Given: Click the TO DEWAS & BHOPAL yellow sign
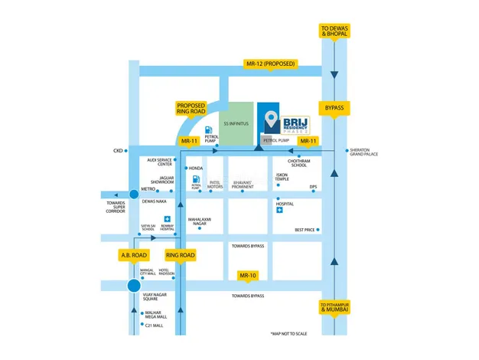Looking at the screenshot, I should pyautogui.click(x=335, y=31).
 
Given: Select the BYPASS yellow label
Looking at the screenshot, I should pyautogui.click(x=335, y=109).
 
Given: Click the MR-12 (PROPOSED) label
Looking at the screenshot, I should pyautogui.click(x=269, y=63).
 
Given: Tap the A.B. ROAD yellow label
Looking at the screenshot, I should pyautogui.click(x=133, y=255).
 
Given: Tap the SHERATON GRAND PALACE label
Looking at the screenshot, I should pyautogui.click(x=363, y=152).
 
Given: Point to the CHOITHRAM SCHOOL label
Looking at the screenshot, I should pyautogui.click(x=298, y=163).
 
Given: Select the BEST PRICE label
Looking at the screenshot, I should pyautogui.click(x=305, y=230).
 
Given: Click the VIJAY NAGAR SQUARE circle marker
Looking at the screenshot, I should pyautogui.click(x=134, y=286).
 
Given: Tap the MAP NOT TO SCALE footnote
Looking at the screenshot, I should pyautogui.click(x=288, y=334).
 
